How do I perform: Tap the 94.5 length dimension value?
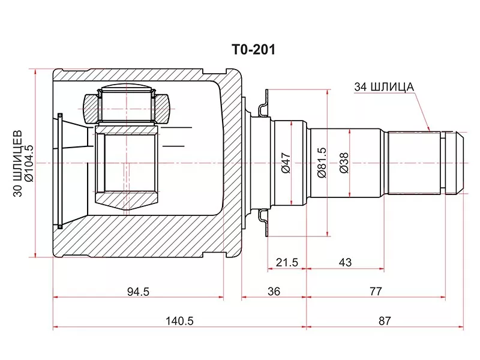click(x=137, y=291)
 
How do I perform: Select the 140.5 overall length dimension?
click(x=179, y=321)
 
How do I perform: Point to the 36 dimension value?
click(x=274, y=291)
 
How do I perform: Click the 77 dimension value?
click(x=376, y=291)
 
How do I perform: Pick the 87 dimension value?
click(x=385, y=321)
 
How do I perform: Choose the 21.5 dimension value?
click(x=286, y=262)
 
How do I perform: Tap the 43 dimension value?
click(x=345, y=262)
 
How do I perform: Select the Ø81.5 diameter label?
click(x=322, y=162)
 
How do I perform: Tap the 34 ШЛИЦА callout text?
click(x=384, y=87)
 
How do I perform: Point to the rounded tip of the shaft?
click(x=461, y=162)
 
